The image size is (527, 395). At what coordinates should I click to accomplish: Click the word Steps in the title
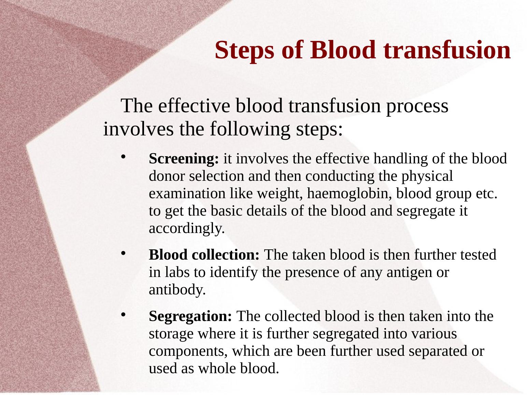point(244,50)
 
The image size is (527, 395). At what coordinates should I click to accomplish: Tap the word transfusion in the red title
point(447,50)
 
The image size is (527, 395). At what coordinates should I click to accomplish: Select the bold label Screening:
point(184,159)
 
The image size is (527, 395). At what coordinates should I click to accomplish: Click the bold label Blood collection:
point(204,254)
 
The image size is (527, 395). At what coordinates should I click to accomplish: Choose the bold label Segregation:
point(190,316)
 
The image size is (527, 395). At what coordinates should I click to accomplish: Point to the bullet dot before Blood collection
point(124,253)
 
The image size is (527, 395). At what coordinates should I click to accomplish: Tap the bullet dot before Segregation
point(124,314)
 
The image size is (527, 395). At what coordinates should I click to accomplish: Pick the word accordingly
point(187,229)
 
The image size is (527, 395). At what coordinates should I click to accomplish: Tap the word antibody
point(177,290)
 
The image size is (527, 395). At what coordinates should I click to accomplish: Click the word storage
point(171,334)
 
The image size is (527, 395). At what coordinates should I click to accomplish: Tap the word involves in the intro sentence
point(138,129)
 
